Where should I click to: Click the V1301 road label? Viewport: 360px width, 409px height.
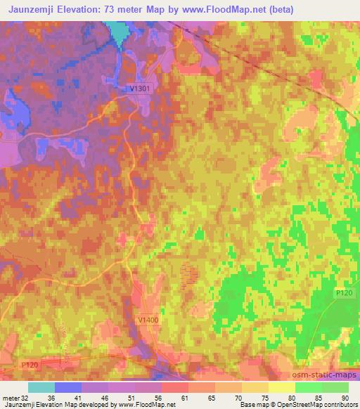140,88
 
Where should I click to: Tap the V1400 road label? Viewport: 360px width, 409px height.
149,320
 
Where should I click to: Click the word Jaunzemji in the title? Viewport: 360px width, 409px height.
32,10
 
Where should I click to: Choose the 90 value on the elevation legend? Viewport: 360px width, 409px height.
344,397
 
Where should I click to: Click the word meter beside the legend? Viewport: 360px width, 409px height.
11,397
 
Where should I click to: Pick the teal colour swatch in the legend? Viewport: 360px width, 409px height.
41,387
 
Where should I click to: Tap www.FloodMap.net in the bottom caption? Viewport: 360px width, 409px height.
147,405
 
